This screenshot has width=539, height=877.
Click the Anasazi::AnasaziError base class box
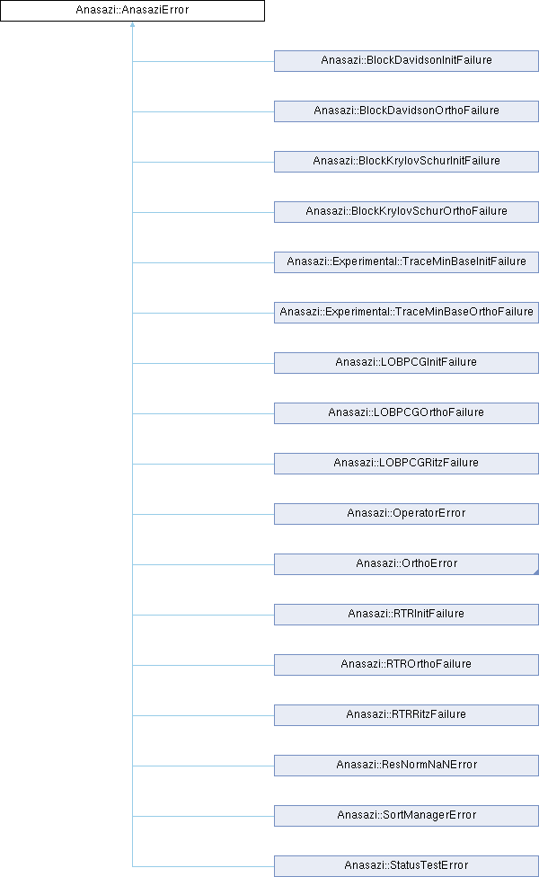[x=132, y=11]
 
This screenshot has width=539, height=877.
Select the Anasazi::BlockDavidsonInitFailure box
[x=406, y=60]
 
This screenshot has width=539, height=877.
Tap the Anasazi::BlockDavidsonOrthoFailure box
[x=406, y=111]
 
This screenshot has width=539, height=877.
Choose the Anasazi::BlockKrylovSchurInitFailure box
[x=406, y=161]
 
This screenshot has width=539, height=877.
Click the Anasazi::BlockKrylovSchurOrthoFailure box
[x=406, y=211]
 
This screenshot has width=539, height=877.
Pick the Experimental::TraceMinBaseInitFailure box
[x=406, y=261]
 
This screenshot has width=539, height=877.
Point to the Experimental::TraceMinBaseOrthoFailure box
[x=406, y=312]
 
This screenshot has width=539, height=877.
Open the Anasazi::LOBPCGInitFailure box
[x=406, y=362]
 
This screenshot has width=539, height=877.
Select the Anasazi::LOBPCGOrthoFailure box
[x=406, y=412]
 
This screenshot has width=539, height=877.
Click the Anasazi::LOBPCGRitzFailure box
[x=406, y=463]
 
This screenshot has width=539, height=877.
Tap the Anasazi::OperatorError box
[x=406, y=513]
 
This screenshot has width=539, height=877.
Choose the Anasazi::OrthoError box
[x=406, y=563]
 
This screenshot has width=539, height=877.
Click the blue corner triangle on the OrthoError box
[x=535, y=571]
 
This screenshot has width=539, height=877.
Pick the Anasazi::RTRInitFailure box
[x=406, y=614]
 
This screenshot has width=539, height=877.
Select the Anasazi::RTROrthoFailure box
[x=406, y=664]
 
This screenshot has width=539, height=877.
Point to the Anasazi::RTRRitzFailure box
[x=406, y=714]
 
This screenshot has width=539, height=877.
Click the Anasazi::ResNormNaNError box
[x=406, y=765]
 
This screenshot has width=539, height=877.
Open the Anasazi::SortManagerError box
[x=406, y=815]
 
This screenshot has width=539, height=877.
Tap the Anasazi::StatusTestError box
[x=406, y=865]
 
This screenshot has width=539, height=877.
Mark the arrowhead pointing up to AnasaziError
[x=132, y=26]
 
